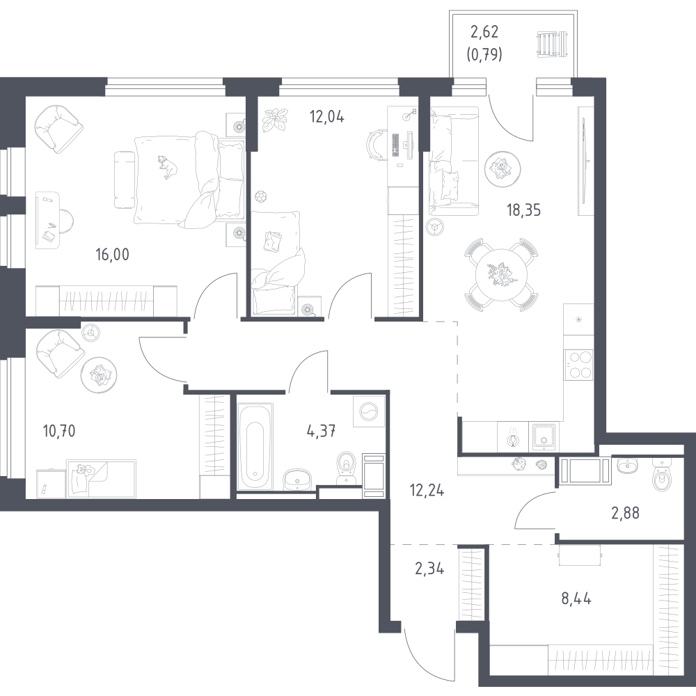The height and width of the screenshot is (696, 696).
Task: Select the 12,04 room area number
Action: [x=326, y=116]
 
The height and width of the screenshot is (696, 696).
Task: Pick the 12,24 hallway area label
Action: [x=427, y=490]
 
